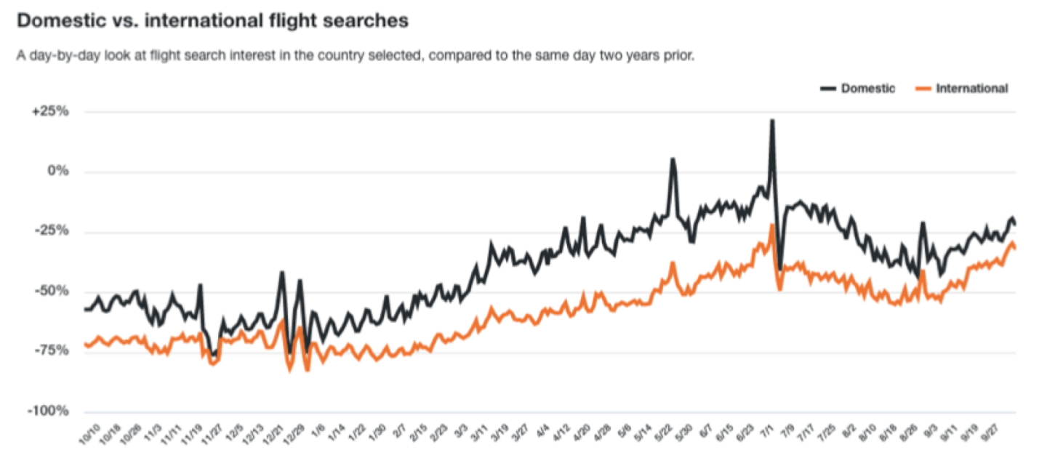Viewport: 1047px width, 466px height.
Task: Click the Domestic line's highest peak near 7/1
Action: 772,121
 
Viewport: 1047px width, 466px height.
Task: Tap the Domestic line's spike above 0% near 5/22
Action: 673,158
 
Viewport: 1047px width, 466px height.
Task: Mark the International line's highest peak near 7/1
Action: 772,225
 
